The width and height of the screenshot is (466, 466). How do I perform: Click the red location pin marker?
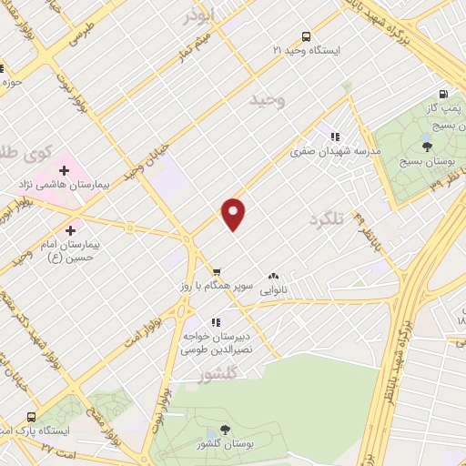(x=234, y=214)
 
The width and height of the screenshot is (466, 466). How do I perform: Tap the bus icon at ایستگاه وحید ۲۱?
(x=306, y=37)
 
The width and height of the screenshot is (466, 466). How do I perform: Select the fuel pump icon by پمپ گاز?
(x=443, y=94)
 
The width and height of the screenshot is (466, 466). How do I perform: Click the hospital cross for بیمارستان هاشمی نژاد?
(x=64, y=170)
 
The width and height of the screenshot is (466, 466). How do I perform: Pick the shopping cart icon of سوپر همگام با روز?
(x=217, y=271)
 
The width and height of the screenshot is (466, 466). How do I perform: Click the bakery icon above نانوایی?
(x=273, y=277)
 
